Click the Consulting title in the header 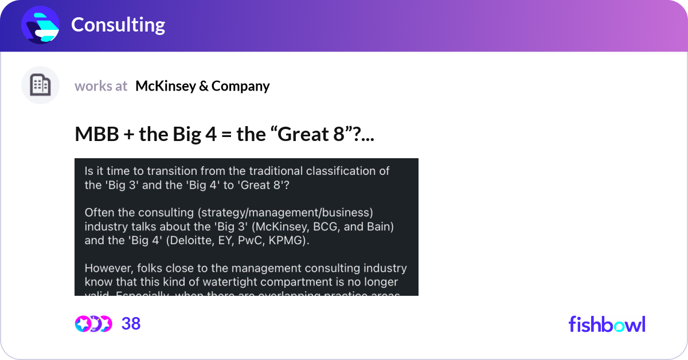click(118, 25)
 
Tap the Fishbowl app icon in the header click(41, 25)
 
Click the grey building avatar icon click(40, 85)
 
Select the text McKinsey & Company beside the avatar click(202, 86)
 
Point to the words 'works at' click(101, 86)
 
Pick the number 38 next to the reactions click(131, 324)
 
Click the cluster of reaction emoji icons click(93, 324)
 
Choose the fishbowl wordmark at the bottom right click(607, 324)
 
